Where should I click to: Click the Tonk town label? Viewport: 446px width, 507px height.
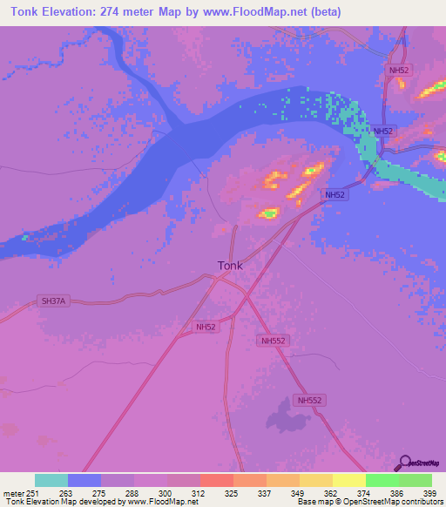click(x=230, y=265)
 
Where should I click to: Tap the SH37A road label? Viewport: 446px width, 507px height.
click(x=53, y=301)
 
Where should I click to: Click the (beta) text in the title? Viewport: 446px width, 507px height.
click(x=321, y=11)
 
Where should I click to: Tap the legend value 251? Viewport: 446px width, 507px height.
click(x=35, y=493)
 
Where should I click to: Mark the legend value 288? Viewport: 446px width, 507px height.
click(x=133, y=493)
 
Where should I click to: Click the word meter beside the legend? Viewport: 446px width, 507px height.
click(x=14, y=493)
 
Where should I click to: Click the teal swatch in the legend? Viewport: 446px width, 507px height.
click(x=51, y=480)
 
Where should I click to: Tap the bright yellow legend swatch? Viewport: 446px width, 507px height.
click(x=348, y=480)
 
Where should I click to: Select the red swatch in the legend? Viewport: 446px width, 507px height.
click(x=216, y=480)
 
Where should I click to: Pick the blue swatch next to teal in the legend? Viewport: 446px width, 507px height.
click(x=84, y=480)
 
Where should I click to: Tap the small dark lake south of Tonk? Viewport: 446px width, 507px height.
click(x=287, y=416)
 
